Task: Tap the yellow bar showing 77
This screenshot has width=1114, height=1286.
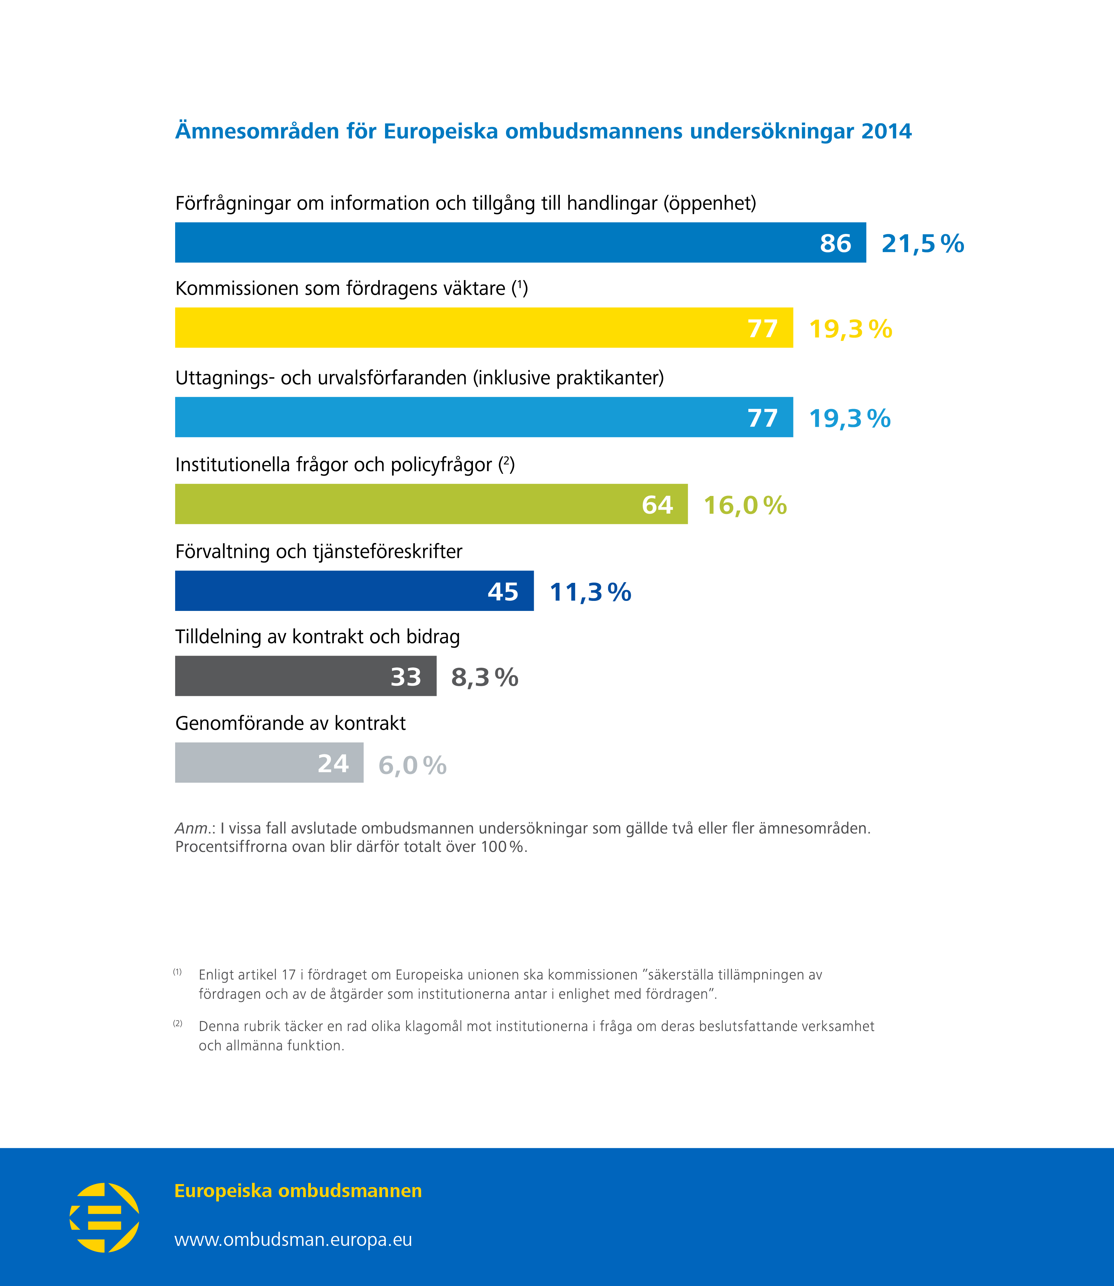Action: [x=484, y=328]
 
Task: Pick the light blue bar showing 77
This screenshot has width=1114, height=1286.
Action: [x=484, y=417]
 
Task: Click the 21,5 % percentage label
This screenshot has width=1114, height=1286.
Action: [x=922, y=244]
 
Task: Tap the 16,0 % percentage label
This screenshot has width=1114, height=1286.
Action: [x=745, y=505]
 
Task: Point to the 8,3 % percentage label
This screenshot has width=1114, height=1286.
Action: [x=484, y=677]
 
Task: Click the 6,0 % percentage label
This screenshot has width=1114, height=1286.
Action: [x=412, y=765]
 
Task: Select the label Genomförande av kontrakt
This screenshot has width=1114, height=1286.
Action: [x=290, y=724]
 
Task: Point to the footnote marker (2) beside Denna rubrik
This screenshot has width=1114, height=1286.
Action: [x=178, y=1024]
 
